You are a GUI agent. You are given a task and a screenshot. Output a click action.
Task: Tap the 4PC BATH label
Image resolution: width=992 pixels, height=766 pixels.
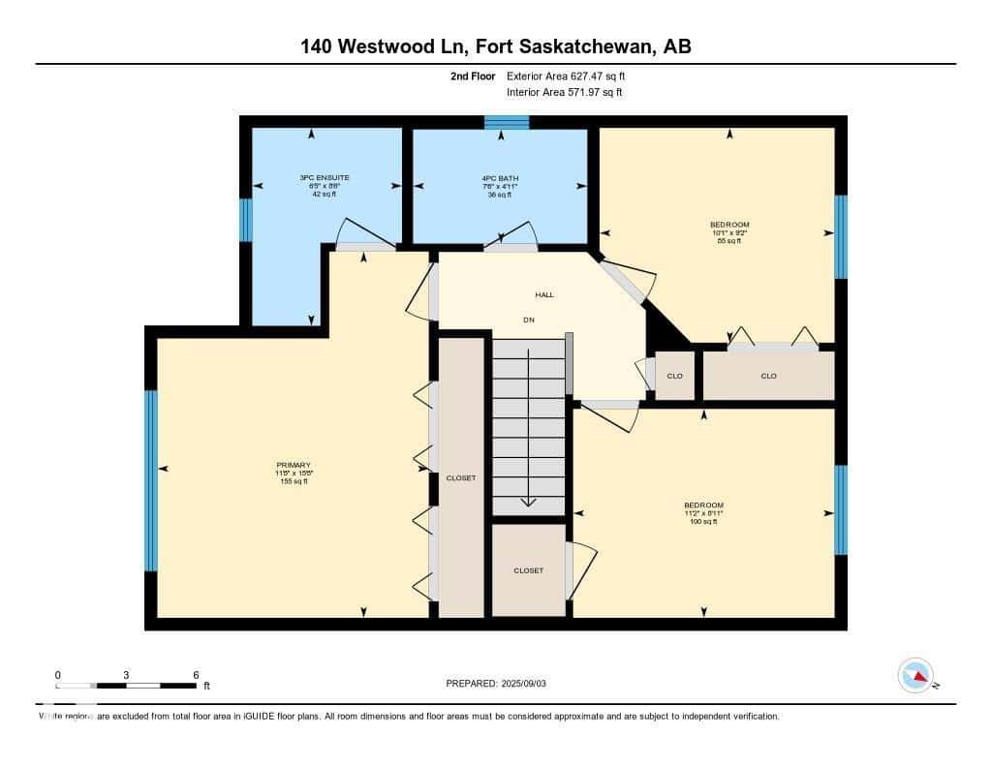(499, 178)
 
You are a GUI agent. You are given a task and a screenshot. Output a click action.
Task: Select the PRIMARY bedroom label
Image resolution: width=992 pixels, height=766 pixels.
(294, 465)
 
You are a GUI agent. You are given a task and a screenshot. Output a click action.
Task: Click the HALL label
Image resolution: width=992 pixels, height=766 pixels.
(544, 294)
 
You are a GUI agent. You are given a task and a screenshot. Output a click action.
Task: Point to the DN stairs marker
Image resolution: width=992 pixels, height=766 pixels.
(529, 320)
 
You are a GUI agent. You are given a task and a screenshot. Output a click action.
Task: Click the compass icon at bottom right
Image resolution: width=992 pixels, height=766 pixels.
(915, 675)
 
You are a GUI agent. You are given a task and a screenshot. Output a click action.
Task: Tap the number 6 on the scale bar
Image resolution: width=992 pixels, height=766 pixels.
(196, 675)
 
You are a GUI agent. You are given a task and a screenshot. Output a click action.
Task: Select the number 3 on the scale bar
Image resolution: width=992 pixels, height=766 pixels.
(127, 675)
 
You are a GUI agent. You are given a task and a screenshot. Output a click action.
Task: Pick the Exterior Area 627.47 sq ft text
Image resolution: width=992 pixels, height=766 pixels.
(573, 76)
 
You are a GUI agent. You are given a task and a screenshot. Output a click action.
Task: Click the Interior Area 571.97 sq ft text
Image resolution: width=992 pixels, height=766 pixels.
(565, 92)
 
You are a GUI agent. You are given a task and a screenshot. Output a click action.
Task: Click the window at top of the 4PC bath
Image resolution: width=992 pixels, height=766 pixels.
(507, 122)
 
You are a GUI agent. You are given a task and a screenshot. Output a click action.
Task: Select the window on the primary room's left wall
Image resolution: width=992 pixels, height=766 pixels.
(151, 480)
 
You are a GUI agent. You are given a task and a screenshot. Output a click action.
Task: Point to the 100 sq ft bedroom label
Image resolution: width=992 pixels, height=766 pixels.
(703, 522)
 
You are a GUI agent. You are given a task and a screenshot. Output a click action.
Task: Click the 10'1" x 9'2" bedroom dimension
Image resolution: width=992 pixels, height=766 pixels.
(729, 232)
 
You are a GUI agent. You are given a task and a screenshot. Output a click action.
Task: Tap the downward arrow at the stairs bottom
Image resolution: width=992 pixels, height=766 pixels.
(529, 501)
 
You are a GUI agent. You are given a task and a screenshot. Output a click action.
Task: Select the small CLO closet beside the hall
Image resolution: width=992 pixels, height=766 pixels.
(675, 376)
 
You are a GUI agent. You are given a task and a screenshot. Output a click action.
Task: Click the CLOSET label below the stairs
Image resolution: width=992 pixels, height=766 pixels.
(528, 570)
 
